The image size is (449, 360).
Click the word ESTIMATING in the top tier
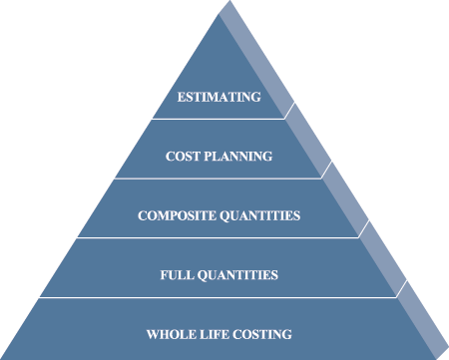(220, 97)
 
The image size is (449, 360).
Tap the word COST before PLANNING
(183, 157)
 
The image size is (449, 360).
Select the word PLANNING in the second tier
(238, 157)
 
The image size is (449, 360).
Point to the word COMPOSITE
(177, 215)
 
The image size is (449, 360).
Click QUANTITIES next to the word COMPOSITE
(260, 215)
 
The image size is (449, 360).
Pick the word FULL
(177, 275)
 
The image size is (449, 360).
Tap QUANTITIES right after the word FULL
(237, 275)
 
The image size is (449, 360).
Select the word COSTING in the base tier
(262, 334)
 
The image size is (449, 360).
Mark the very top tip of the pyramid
(229, 1)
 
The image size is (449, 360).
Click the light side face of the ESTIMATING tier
(256, 60)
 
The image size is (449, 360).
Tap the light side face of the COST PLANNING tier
(308, 141)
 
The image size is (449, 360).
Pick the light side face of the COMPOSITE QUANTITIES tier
(345, 199)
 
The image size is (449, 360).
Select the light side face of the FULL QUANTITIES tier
(383, 258)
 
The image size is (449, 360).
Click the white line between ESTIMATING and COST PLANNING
(219, 119)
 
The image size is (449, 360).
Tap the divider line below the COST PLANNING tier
(219, 179)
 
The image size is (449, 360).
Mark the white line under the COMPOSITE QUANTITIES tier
(219, 237)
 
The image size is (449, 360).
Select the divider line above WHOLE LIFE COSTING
(219, 297)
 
